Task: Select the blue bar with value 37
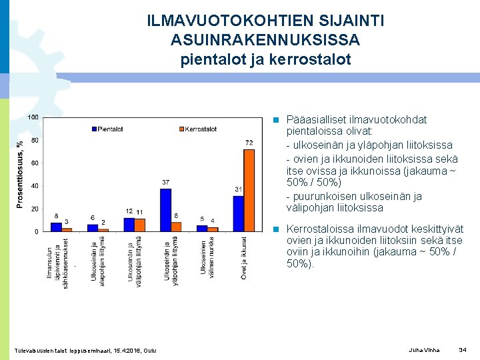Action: [x=165, y=210]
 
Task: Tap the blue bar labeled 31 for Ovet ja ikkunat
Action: [x=238, y=213]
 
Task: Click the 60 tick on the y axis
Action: [x=34, y=163]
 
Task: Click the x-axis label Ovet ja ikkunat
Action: [x=244, y=257]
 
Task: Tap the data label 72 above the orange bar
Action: [x=249, y=143]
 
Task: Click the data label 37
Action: [x=165, y=182]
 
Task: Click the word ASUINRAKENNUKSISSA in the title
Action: [x=265, y=41]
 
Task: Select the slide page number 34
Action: [x=463, y=350]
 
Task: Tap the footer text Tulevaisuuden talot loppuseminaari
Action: [x=60, y=351]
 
